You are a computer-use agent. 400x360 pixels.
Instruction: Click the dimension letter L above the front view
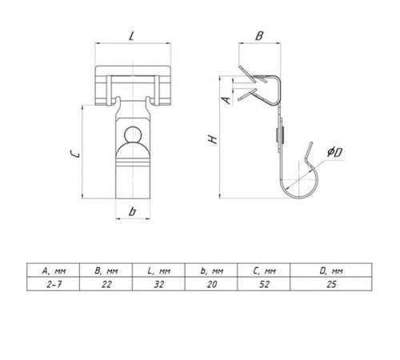click(x=131, y=35)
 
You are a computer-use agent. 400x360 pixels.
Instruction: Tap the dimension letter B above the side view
click(x=259, y=36)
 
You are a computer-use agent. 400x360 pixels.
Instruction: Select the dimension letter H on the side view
click(x=213, y=139)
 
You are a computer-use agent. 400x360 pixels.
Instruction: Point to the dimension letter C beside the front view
click(x=74, y=154)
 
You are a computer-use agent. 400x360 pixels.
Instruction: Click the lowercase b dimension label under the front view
click(x=132, y=211)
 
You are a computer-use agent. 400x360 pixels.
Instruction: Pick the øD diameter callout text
click(x=335, y=152)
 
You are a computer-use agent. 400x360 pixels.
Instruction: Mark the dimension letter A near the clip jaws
click(x=226, y=100)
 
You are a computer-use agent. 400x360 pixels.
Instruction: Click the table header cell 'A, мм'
click(x=54, y=270)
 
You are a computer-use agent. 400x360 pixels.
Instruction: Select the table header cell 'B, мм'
click(x=106, y=270)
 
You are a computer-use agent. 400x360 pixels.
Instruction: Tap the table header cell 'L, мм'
click(x=158, y=270)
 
